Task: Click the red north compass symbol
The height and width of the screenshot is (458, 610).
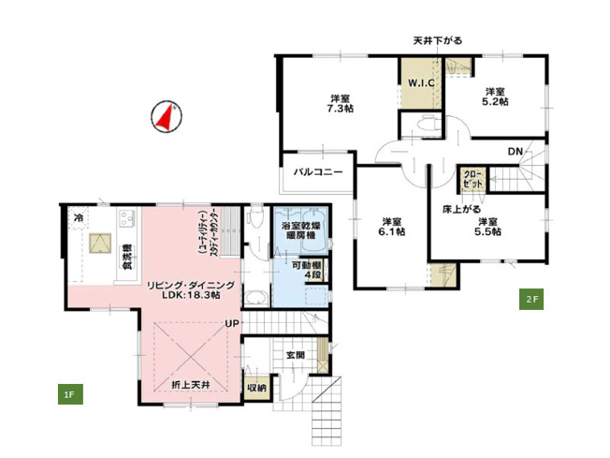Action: pos(166,117)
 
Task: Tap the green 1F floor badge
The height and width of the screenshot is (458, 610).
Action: pos(69,394)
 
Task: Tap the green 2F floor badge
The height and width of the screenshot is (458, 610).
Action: pos(530,300)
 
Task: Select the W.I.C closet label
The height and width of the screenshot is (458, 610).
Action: pos(418,82)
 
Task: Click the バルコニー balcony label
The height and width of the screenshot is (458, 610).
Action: pos(318,172)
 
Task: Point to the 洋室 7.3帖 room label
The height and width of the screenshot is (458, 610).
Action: pos(340,104)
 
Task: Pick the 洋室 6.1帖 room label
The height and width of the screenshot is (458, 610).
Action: pos(392,227)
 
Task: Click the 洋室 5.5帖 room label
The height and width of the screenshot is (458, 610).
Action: pos(489,227)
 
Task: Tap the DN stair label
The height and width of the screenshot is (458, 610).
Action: pos(515,152)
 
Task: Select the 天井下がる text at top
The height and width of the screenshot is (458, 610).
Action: pos(437,40)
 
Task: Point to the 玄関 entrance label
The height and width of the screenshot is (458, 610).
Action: pos(295,355)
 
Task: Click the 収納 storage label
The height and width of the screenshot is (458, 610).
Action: pos(256,387)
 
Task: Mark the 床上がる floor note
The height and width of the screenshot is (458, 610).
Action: pos(461,211)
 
